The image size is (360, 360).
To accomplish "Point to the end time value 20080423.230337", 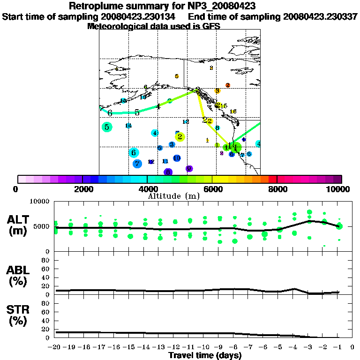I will tap(320, 16).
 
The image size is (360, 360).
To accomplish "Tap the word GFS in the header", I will tap(212, 26).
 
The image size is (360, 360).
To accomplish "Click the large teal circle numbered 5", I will tap(107, 127).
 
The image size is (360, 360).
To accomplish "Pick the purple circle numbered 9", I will tap(189, 169).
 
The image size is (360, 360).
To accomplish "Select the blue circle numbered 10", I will tap(177, 158).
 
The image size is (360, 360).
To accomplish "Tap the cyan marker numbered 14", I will tap(128, 126).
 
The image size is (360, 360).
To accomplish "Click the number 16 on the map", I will tap(233, 111).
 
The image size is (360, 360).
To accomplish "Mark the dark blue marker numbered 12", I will tap(151, 162).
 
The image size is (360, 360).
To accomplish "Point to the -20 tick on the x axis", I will tap(56, 347).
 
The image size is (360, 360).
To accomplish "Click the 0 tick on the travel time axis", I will tap(352, 347).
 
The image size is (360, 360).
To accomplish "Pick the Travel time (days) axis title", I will tap(204, 355).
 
